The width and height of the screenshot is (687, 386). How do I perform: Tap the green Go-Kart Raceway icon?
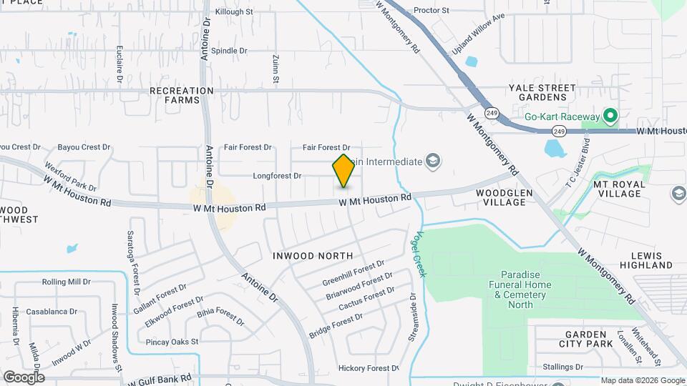(610, 116)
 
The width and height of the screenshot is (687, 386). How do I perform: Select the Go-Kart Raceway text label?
(562, 117)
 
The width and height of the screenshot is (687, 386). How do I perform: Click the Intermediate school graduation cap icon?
(432, 162)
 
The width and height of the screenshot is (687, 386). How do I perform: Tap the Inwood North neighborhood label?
(313, 255)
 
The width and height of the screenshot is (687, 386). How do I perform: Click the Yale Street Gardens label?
(542, 92)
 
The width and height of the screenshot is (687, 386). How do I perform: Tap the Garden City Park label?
(589, 339)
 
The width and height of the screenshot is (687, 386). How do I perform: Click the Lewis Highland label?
(652, 260)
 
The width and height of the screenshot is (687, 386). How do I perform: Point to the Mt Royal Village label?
(619, 189)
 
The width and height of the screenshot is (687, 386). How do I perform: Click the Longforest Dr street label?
(278, 175)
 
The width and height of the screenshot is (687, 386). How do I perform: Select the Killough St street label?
(233, 12)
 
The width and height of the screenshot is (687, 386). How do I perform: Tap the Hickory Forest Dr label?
(368, 368)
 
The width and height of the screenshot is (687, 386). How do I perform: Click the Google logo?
(24, 377)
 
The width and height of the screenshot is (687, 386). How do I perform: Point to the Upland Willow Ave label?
(477, 34)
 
